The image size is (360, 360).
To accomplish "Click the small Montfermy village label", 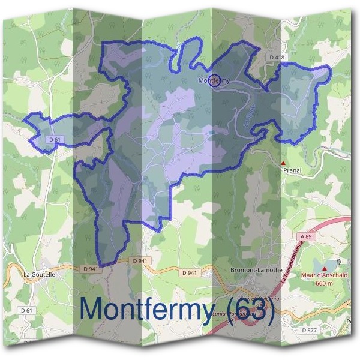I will tap(214, 80).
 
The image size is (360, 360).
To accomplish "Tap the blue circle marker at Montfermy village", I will tap(214, 80).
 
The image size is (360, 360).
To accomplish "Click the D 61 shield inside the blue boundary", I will tap(55, 140).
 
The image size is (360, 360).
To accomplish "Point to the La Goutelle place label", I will tap(39, 274).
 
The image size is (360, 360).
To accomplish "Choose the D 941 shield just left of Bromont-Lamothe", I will tap(190, 273).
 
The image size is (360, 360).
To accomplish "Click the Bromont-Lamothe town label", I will tap(256, 271).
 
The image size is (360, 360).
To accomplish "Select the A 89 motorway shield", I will tap(307, 237).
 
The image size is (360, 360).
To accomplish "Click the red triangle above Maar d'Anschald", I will tap(325, 268).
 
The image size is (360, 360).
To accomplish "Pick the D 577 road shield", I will tap(310, 331).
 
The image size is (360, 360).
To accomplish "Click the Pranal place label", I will tap(292, 170).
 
